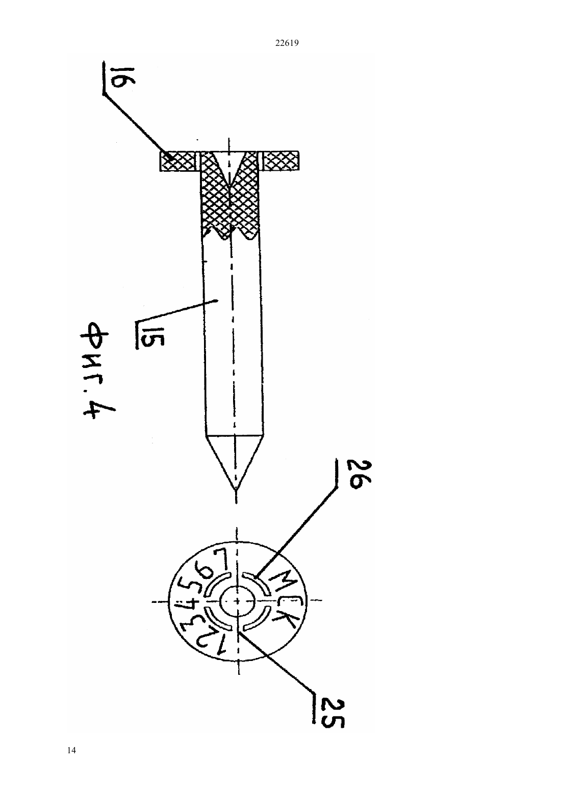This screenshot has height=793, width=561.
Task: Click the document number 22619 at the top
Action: click(287, 43)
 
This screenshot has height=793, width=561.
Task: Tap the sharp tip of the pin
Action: click(236, 490)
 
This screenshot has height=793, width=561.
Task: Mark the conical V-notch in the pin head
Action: click(229, 168)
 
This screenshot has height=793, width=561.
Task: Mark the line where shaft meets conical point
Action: click(234, 434)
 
